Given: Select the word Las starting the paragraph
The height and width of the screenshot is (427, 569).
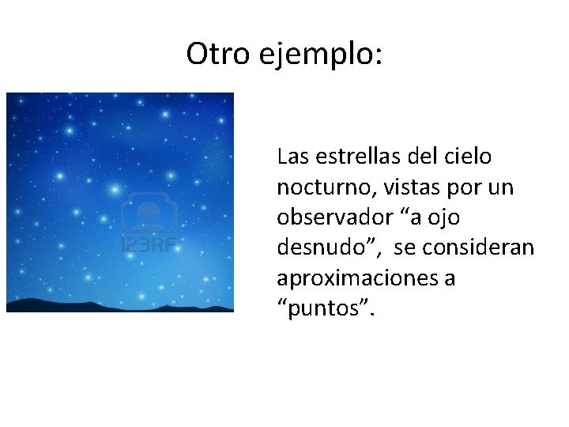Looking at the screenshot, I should point(292,157).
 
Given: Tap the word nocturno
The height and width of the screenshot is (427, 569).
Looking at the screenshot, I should point(315,187).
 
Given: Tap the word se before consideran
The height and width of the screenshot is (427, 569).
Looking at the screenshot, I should point(403,248).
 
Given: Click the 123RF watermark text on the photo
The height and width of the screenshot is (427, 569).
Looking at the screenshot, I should point(147,244).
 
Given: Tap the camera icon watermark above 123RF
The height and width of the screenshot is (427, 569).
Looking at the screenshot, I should point(147,213).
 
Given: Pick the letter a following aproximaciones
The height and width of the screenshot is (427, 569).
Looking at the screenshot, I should point(449,279).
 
